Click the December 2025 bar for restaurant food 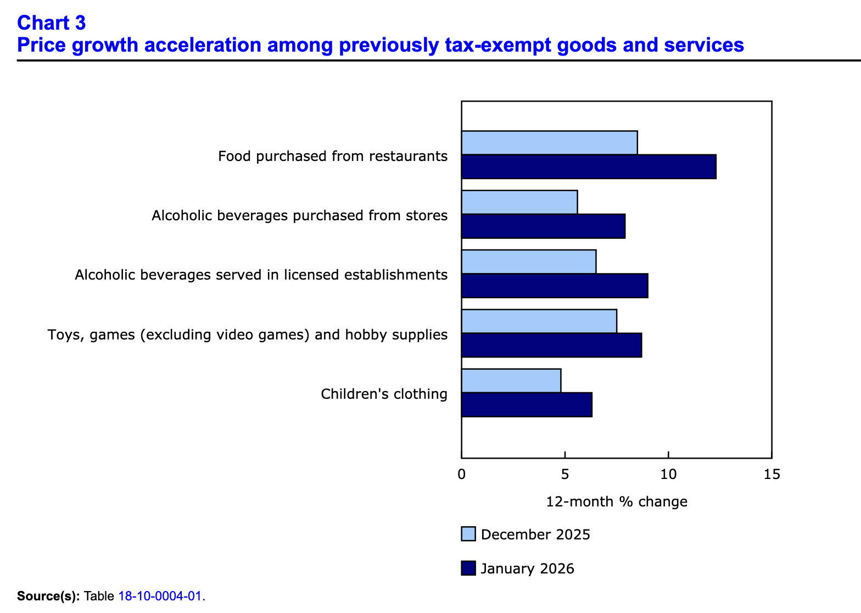click(549, 143)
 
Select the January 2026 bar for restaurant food click(589, 167)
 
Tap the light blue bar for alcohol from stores click(519, 202)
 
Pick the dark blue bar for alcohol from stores click(543, 226)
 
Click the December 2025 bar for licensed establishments click(529, 261)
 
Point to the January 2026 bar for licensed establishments click(555, 286)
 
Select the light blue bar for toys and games click(539, 321)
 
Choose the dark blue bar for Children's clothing click(527, 405)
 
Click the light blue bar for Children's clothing click(511, 381)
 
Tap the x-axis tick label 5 click(564, 474)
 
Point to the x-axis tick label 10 click(668, 474)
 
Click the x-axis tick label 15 click(771, 474)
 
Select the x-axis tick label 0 click(461, 474)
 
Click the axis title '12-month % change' click(617, 501)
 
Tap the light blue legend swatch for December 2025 click(468, 534)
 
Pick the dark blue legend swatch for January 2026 click(468, 568)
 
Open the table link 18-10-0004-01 click(160, 596)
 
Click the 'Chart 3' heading click(52, 23)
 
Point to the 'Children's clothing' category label click(384, 394)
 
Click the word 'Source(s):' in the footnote click(48, 596)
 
